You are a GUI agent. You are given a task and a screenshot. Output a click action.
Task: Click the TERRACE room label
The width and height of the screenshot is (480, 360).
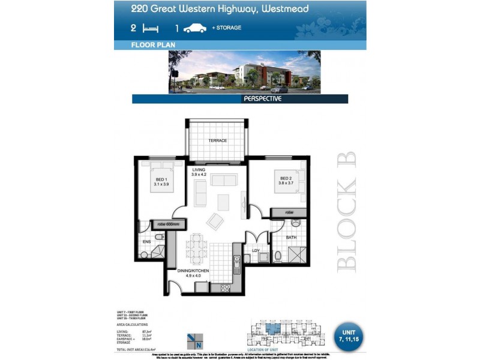tap(217, 140)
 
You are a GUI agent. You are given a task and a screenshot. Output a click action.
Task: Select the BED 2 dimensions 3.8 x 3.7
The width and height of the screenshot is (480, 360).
tap(286, 184)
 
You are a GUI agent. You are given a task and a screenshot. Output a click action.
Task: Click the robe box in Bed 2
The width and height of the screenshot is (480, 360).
tap(289, 212)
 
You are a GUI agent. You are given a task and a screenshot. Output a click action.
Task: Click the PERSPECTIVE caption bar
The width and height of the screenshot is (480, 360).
tap(262, 99)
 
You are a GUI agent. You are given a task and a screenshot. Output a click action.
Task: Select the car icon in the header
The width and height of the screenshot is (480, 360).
tap(195, 28)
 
